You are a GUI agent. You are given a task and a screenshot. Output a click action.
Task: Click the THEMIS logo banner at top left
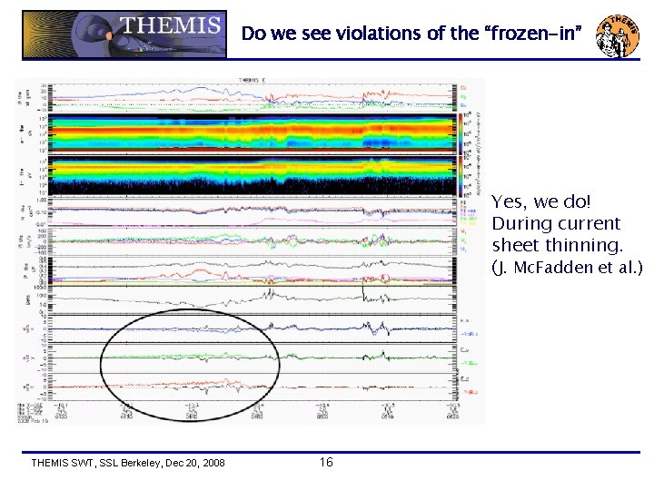pyautogui.click(x=125, y=34)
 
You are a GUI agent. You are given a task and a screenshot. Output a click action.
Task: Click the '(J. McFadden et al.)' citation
pyautogui.click(x=567, y=268)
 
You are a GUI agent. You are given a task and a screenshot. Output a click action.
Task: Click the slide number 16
pyautogui.click(x=327, y=463)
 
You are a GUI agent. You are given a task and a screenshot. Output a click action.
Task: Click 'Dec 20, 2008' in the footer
pyautogui.click(x=195, y=464)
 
